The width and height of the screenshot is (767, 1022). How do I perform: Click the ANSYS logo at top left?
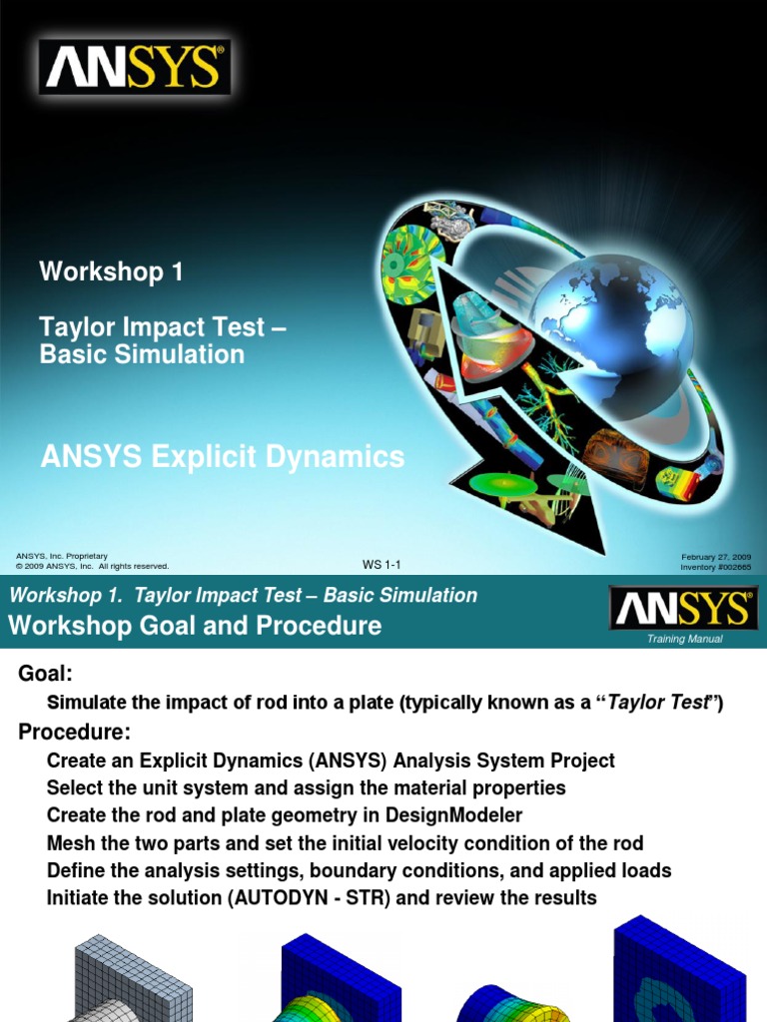(135, 68)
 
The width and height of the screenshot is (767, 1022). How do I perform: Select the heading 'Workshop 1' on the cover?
(111, 271)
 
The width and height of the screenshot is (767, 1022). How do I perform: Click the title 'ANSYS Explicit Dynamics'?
(222, 457)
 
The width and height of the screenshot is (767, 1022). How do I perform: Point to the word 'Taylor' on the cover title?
(76, 327)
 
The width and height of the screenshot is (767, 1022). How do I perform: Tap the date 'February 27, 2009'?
(716, 556)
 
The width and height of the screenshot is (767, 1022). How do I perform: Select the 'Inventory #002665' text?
(715, 567)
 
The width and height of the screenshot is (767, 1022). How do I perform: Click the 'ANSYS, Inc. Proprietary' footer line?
(62, 556)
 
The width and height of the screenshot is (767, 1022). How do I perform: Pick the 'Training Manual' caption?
(684, 639)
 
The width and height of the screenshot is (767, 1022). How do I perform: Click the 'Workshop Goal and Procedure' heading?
(195, 627)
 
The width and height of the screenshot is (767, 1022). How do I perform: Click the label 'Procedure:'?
(75, 733)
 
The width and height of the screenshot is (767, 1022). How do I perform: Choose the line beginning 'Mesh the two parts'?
(345, 843)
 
